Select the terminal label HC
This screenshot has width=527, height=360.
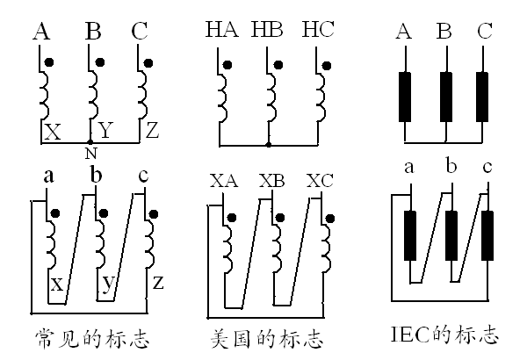point(317,32)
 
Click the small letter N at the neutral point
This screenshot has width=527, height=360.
point(90,154)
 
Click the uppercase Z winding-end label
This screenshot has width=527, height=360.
point(152,132)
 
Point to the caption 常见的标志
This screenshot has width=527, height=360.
point(90,338)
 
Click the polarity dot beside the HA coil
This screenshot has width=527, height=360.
point(227,65)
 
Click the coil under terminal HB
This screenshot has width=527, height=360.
point(272,95)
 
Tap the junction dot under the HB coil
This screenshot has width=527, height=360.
point(268,143)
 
